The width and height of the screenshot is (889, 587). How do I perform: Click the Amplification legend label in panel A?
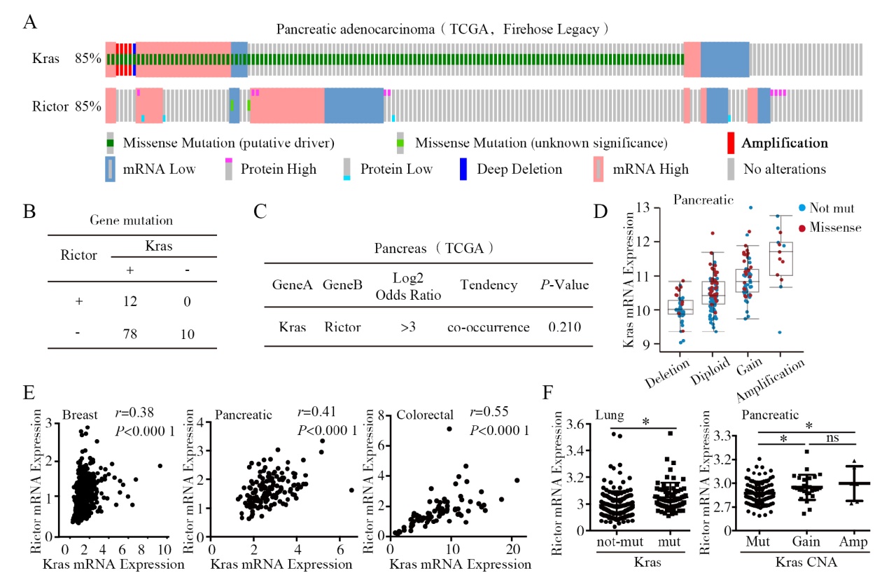(785, 144)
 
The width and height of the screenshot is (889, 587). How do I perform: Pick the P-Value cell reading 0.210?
(564, 327)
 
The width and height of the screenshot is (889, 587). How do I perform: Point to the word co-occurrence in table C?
(489, 327)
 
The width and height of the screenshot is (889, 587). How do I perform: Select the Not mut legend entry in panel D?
(830, 208)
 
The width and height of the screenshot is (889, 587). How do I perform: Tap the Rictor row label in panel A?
(50, 107)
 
